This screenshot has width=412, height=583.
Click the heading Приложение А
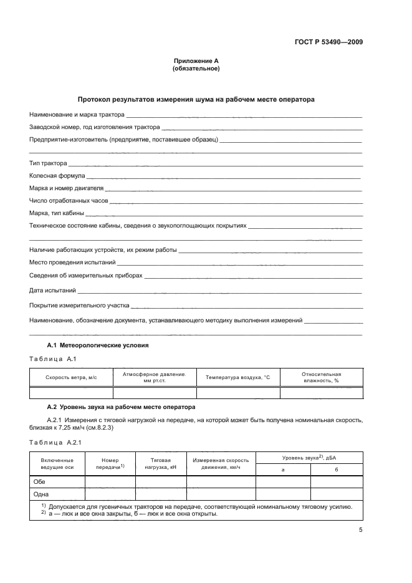196,60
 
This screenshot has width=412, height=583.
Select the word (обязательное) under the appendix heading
196,69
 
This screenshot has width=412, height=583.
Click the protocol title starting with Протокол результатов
196,99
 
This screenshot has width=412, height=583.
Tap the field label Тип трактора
48,163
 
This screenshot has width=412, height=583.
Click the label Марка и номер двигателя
66,188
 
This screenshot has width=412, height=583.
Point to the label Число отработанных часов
69,201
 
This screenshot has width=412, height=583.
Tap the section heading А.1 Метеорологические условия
98,345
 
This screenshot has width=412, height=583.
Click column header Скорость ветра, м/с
71,377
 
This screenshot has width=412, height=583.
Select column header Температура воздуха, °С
237,377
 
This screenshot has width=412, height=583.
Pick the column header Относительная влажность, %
321,377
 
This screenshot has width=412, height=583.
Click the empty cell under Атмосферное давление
155,393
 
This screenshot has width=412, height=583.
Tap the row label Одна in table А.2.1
41,494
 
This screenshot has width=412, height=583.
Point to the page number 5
360,530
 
